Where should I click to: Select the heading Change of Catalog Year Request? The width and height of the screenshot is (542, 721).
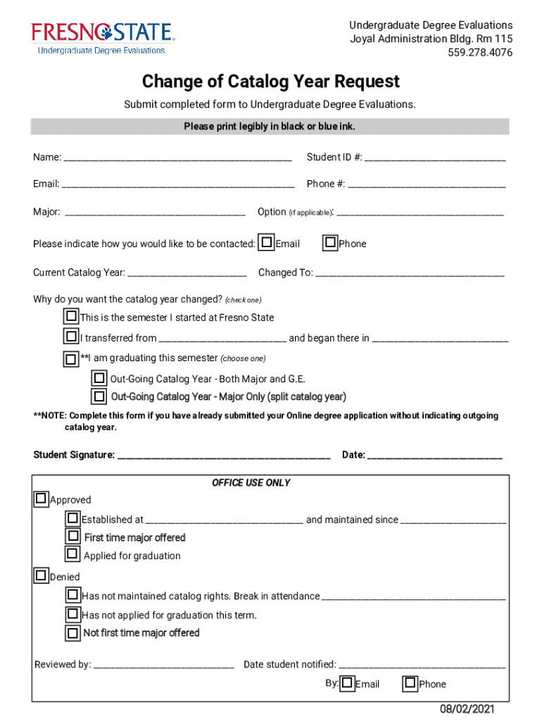(270, 82)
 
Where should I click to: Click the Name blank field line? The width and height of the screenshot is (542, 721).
(177, 158)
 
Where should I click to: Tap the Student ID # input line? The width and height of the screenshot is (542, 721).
(434, 158)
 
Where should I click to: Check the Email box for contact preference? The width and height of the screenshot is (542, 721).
(267, 243)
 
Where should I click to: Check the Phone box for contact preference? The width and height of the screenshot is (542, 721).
(330, 243)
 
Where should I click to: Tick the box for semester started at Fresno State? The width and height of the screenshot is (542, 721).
(71, 316)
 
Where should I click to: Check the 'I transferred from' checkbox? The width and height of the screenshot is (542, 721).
(71, 337)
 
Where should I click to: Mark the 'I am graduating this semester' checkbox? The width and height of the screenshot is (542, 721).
(71, 359)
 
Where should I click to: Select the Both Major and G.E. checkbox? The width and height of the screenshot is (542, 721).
(100, 378)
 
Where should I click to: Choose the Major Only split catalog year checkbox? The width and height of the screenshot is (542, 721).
(100, 396)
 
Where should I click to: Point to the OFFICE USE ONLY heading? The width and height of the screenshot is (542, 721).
(251, 483)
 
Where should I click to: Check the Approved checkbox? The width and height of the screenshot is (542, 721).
(42, 499)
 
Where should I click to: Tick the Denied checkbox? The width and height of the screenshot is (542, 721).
(42, 575)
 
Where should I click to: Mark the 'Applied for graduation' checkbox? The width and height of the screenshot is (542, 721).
(73, 554)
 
